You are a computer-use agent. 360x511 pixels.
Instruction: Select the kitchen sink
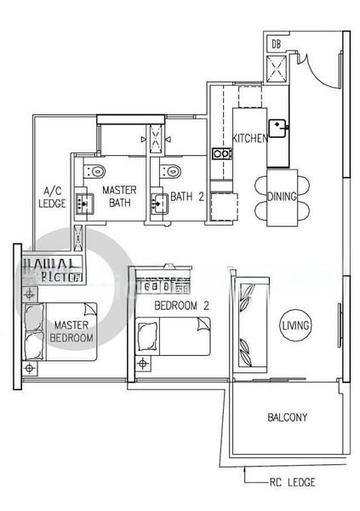click(279, 129)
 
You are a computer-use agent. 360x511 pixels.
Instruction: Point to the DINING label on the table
click(282, 197)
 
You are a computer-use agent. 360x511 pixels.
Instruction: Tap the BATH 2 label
click(186, 197)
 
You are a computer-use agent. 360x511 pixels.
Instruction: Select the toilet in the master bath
click(93, 170)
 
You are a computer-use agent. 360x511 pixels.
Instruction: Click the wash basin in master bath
click(86, 203)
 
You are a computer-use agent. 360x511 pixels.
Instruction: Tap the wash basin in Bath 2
click(158, 203)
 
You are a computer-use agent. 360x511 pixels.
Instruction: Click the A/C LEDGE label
click(52, 198)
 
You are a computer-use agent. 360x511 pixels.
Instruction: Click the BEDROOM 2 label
click(182, 305)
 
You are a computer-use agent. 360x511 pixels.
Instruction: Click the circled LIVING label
click(295, 324)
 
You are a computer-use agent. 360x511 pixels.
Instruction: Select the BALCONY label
click(287, 417)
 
